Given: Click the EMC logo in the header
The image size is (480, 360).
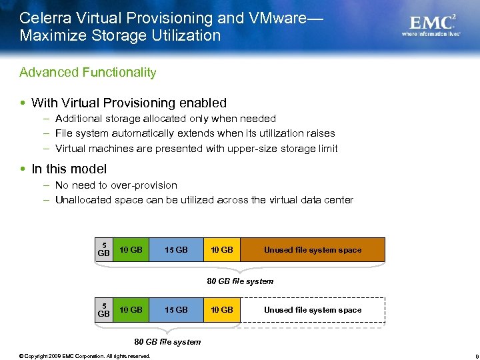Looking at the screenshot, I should [433, 23].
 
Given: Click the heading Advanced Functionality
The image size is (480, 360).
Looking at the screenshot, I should [88, 72].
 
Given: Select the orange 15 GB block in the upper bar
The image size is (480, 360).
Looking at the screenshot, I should [176, 250].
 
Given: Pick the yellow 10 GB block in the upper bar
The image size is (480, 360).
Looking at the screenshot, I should [221, 250].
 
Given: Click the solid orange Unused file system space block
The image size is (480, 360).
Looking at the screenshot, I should [312, 250].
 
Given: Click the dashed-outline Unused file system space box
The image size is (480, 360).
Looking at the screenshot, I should [312, 310].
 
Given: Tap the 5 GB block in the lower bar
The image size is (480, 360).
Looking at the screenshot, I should [103, 310].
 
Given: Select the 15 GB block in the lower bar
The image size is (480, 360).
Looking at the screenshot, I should [176, 310].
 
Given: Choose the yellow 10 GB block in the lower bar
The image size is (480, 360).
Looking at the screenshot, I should [221, 310].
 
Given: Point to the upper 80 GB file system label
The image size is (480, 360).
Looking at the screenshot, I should [240, 281].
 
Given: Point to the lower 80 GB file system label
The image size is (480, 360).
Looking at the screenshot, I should [167, 342].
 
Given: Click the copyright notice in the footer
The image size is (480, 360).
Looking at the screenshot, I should [85, 355].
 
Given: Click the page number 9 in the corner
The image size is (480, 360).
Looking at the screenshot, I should [469, 355].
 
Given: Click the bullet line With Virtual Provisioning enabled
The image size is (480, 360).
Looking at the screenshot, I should [129, 103].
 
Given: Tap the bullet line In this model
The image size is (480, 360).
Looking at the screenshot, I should [69, 169].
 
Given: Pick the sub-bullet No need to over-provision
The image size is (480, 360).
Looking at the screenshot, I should [116, 185].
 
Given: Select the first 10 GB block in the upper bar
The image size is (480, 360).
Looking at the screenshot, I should [130, 250].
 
